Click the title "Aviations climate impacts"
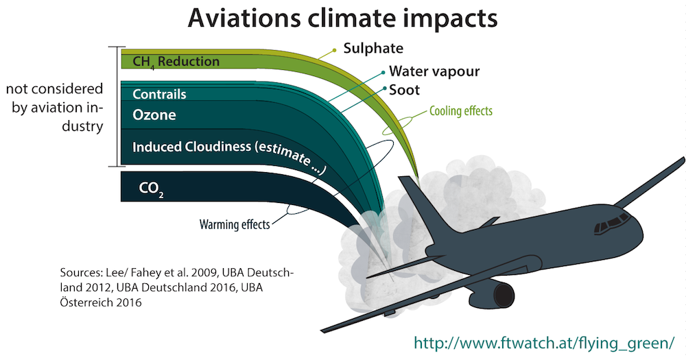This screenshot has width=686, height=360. (342, 18)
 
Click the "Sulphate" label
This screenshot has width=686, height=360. (373, 48)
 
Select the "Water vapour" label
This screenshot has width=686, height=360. (434, 71)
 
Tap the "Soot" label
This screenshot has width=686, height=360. (404, 90)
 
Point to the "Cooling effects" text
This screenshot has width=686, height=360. (461, 110)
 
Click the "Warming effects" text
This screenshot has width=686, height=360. (235, 224)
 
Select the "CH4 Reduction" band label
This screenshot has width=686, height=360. (176, 62)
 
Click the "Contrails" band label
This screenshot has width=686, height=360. (159, 94)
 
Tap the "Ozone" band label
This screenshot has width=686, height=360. (154, 115)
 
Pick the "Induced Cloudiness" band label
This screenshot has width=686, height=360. (191, 147)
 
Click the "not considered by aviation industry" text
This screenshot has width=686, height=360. (55, 107)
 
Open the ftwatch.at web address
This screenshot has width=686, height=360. (544, 342)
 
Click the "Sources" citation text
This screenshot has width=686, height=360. (177, 287)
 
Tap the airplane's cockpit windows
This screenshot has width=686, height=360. (612, 224)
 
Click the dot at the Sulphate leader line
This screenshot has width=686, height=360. (335, 50)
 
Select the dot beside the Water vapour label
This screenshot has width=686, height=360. (383, 72)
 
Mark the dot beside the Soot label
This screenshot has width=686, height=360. (385, 88)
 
